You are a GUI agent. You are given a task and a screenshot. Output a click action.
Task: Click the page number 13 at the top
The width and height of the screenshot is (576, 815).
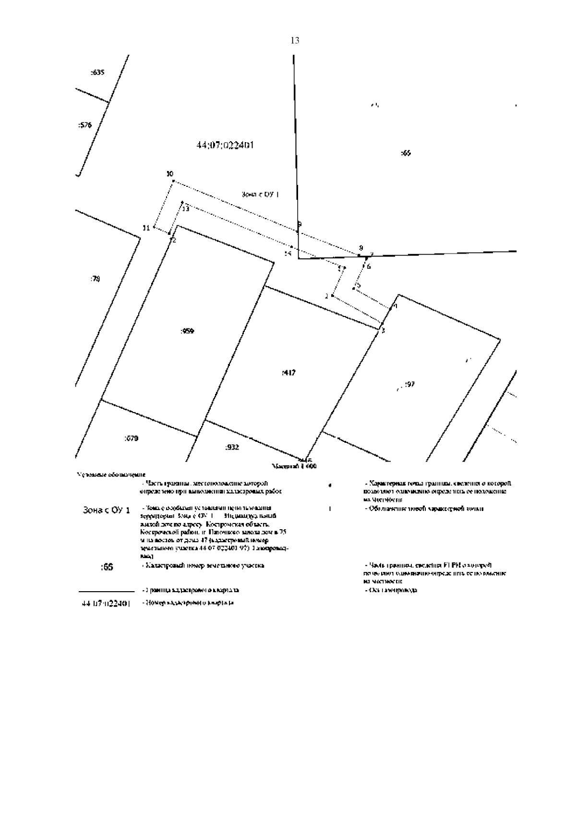pyautogui.click(x=295, y=41)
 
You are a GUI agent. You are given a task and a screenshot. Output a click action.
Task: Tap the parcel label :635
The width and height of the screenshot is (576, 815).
pyautogui.click(x=97, y=73)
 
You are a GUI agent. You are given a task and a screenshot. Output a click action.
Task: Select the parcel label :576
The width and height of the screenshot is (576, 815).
pyautogui.click(x=84, y=125)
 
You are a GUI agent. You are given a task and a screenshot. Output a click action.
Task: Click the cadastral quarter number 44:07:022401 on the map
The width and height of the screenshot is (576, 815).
pyautogui.click(x=225, y=145)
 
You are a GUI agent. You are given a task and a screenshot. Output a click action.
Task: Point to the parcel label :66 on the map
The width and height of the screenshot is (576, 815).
pyautogui.click(x=406, y=153)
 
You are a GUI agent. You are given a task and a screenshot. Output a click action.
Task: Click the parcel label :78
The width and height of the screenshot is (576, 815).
pyautogui.click(x=95, y=279)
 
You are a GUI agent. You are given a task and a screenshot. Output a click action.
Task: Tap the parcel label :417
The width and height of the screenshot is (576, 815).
pyautogui.click(x=288, y=372)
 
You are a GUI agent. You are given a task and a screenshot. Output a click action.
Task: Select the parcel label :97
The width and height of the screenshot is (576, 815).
pyautogui.click(x=409, y=384)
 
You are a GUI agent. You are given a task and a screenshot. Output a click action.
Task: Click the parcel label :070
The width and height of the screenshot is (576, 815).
pyautogui.click(x=131, y=438)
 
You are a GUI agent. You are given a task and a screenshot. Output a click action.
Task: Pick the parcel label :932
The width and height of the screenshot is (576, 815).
pyautogui.click(x=232, y=447)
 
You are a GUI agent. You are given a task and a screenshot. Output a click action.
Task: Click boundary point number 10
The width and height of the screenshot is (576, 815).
pyautogui.click(x=169, y=174)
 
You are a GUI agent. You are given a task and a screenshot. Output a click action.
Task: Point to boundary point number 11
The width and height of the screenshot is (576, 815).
pyautogui.click(x=146, y=228)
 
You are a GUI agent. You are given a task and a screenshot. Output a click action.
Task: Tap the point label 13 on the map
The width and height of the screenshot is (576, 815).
pyautogui.click(x=186, y=209)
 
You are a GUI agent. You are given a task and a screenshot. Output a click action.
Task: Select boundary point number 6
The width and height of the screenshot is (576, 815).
pyautogui.click(x=369, y=267)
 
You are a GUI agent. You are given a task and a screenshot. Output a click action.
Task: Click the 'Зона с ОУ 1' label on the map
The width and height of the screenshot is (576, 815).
pyautogui.click(x=260, y=195)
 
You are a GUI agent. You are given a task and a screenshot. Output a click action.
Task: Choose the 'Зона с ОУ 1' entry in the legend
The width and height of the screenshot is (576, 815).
pyautogui.click(x=106, y=510)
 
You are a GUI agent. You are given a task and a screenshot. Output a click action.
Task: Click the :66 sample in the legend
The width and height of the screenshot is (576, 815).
pyautogui.click(x=107, y=567)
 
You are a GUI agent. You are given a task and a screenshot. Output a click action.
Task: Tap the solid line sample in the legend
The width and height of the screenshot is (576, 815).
pyautogui.click(x=106, y=591)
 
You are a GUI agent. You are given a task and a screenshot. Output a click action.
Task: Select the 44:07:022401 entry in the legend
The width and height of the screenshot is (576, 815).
pyautogui.click(x=105, y=603)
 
